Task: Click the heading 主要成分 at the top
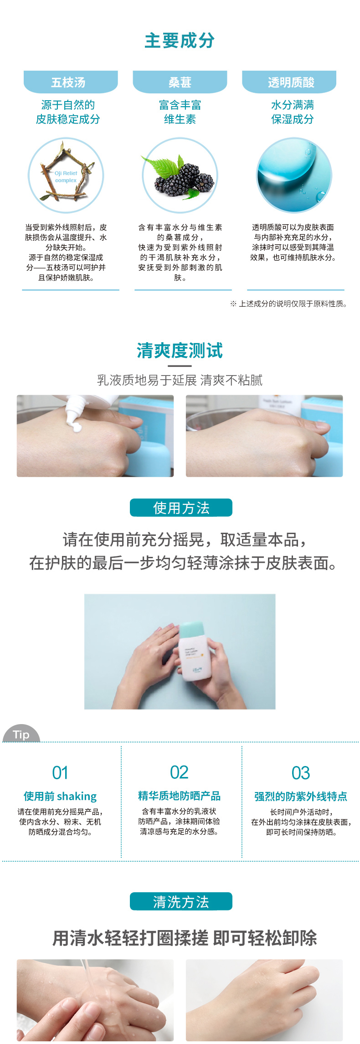(x=180, y=41)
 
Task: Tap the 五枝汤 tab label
(x=68, y=82)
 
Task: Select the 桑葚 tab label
(x=180, y=82)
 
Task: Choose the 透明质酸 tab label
(x=291, y=82)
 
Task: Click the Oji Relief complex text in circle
(x=66, y=177)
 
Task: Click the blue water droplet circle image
(x=294, y=175)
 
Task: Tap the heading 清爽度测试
(x=180, y=351)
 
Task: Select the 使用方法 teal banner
(x=181, y=508)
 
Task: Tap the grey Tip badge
(x=21, y=734)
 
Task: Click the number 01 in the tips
(x=60, y=773)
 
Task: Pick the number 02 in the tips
(x=179, y=772)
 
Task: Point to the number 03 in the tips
(x=301, y=773)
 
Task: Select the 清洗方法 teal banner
(x=181, y=901)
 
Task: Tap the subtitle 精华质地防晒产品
(x=180, y=796)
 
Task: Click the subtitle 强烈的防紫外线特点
(x=301, y=796)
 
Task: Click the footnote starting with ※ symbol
(x=289, y=303)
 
